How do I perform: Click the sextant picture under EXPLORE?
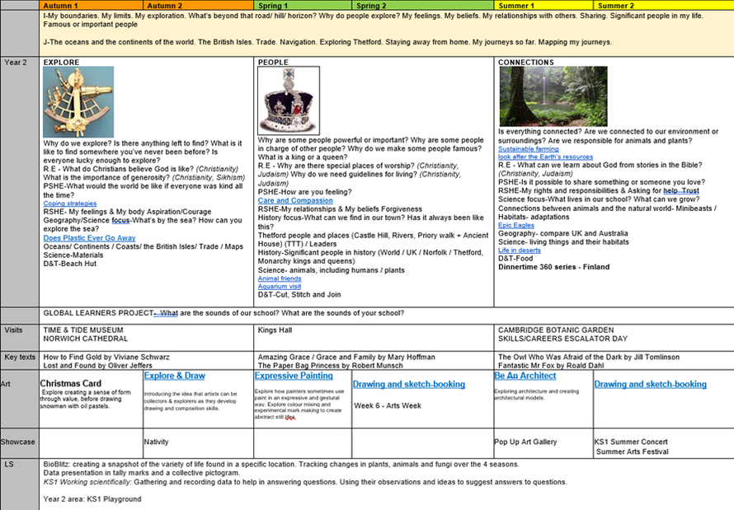(78, 102)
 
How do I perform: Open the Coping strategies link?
(70, 203)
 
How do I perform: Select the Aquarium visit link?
(279, 286)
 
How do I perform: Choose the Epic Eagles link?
(516, 225)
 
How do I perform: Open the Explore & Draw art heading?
(175, 376)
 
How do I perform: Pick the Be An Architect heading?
(525, 376)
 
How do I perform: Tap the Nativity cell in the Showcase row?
(157, 442)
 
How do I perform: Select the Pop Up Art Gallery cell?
(526, 442)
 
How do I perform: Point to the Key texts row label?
(19, 357)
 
